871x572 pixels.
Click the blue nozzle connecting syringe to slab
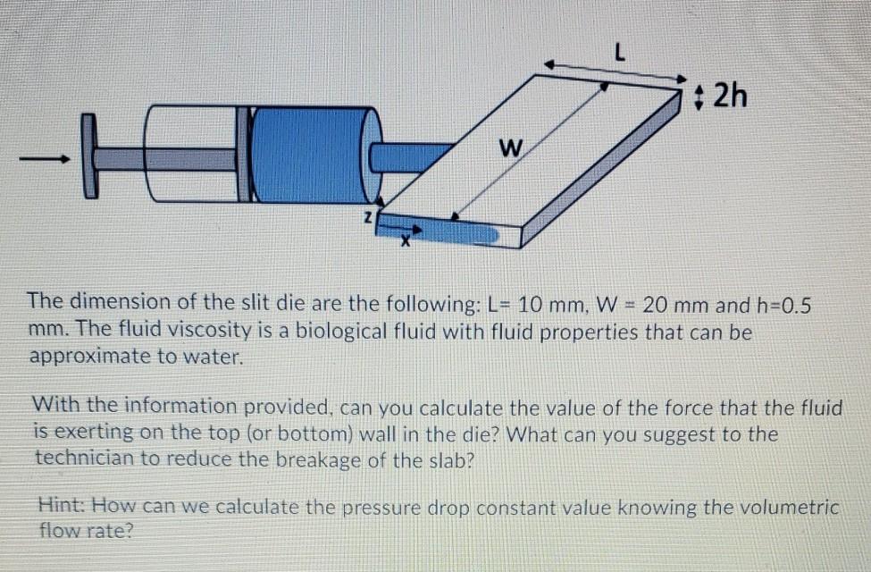click(411, 156)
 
